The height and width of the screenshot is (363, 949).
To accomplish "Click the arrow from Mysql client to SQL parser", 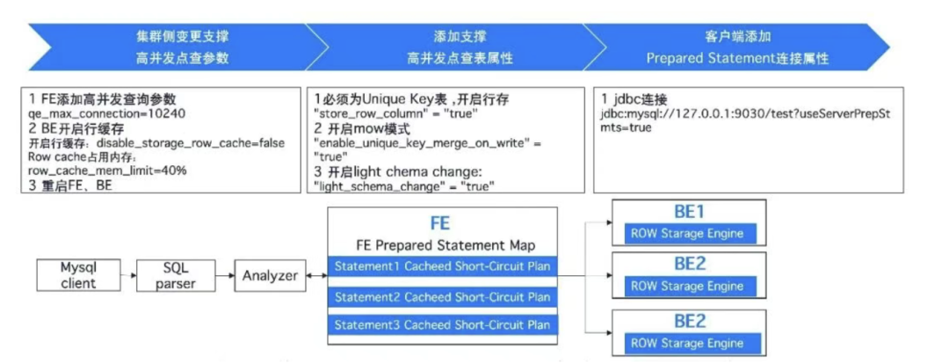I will coord(123,275).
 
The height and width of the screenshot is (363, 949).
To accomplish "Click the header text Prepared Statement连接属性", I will coord(737,58).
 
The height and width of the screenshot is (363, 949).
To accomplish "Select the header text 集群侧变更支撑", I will coord(183,37).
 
